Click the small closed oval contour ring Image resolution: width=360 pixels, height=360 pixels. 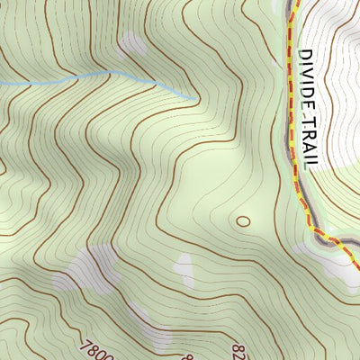243,220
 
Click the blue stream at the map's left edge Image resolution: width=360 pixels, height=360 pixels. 3,83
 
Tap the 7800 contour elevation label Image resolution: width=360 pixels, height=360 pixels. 96,348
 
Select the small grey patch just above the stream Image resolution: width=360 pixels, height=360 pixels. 133,45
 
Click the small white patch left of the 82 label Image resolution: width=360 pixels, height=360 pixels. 185,267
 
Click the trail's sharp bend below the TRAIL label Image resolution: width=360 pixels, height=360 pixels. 310,229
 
